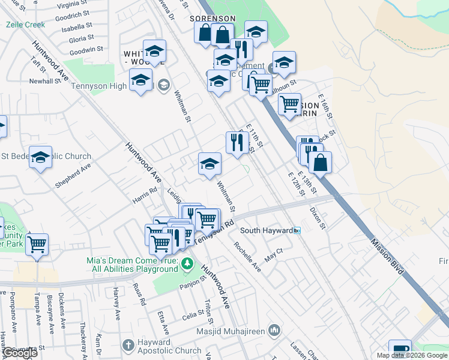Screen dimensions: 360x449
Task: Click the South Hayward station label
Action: (x=267, y=230)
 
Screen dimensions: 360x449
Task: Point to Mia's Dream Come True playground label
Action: (x=131, y=264)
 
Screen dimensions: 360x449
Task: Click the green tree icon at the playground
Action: (x=187, y=263)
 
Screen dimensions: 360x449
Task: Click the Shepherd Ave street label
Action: (x=73, y=176)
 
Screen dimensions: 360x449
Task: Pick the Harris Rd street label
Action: (x=145, y=191)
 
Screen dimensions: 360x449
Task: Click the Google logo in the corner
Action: (x=20, y=353)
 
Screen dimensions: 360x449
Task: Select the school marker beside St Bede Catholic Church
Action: (x=40, y=157)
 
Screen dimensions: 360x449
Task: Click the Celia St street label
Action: (x=193, y=314)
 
